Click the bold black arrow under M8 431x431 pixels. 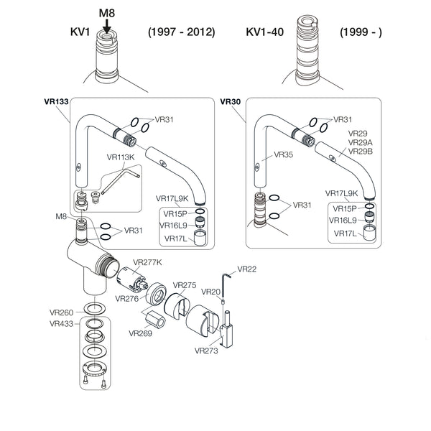[107, 26]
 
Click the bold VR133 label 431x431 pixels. [56, 102]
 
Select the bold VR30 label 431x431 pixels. [231, 102]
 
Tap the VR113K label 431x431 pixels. [121, 157]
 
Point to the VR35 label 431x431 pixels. [284, 154]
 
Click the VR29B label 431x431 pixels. [361, 151]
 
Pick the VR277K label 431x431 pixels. [147, 262]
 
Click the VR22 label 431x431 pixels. [247, 269]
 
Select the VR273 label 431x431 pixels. [206, 351]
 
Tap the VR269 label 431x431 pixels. [141, 333]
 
